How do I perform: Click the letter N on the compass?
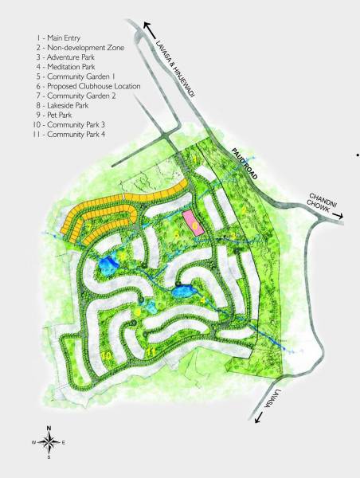pyautogui.click(x=49, y=428)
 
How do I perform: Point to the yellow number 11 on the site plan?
pyautogui.click(x=151, y=351)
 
